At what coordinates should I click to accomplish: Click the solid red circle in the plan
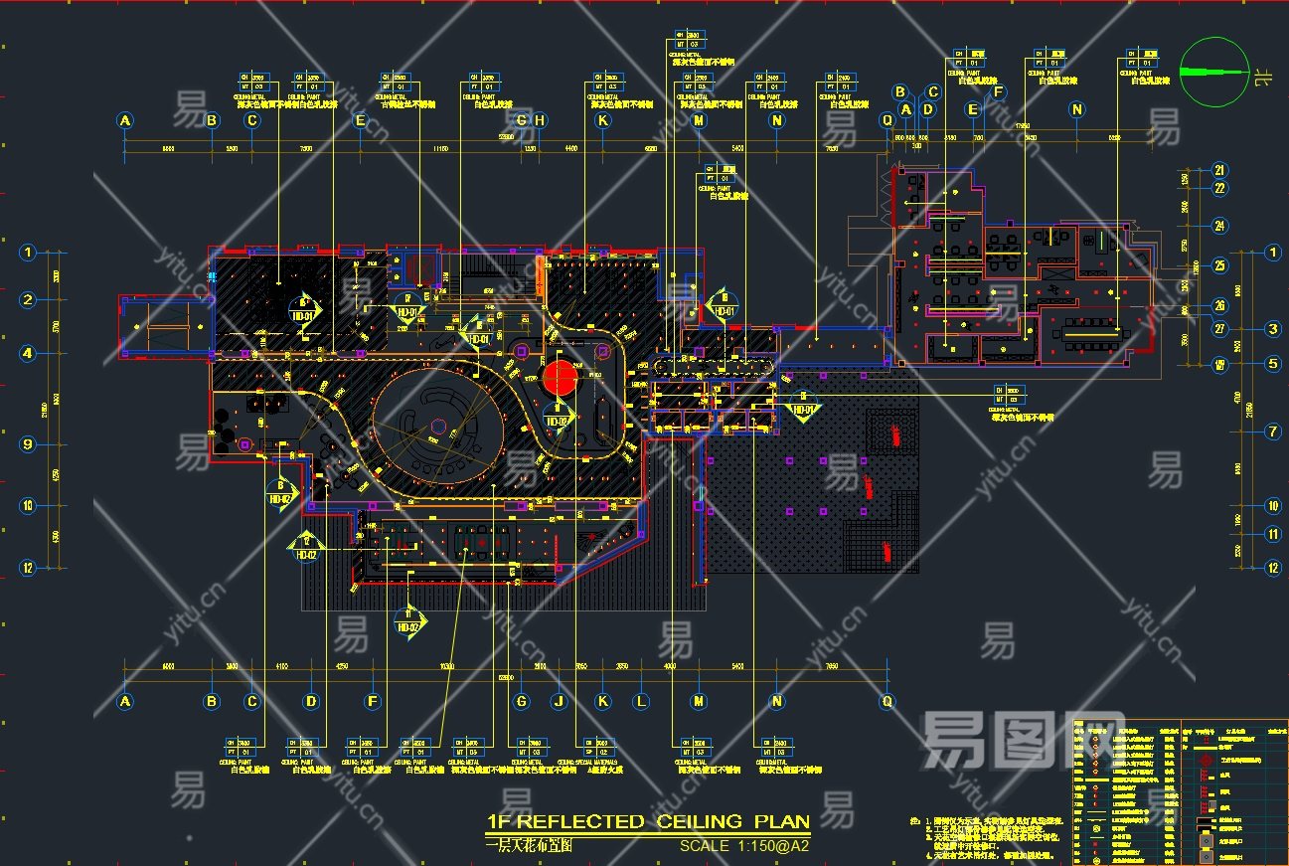click(559, 377)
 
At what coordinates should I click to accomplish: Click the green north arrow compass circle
click(1213, 71)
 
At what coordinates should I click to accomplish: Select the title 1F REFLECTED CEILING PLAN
click(647, 822)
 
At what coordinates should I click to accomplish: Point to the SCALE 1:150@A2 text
click(743, 846)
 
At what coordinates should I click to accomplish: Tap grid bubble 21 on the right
click(1220, 170)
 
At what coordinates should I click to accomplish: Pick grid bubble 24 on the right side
click(1220, 226)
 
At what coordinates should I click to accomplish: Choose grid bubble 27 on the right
click(1220, 329)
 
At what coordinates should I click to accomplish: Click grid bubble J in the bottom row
click(560, 701)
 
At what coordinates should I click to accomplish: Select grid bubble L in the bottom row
click(641, 701)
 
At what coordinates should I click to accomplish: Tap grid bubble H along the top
click(540, 121)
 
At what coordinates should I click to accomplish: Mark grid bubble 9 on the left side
click(28, 444)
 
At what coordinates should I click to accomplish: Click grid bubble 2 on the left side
click(28, 299)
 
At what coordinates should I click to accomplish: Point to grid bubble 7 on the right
click(1273, 432)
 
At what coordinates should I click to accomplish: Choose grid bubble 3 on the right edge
click(1273, 329)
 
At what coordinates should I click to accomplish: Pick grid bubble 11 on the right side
click(1273, 534)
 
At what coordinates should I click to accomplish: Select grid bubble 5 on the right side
click(1273, 364)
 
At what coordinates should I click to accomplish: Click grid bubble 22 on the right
click(1220, 188)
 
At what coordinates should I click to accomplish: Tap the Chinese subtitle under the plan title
click(528, 845)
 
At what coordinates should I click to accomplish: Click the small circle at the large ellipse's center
click(437, 427)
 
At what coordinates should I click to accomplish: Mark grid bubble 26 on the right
click(1220, 306)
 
